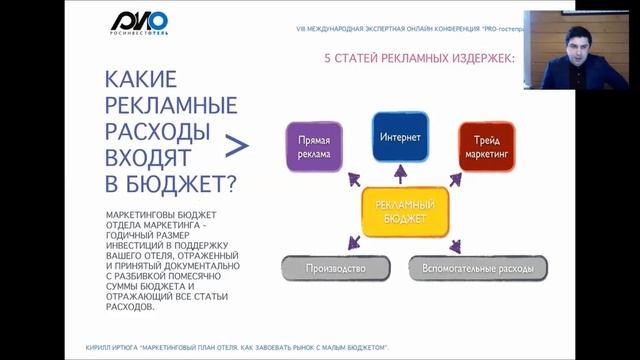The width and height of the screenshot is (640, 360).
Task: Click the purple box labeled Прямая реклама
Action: tap(314, 146)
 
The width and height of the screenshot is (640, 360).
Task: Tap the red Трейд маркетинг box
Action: tap(487, 146)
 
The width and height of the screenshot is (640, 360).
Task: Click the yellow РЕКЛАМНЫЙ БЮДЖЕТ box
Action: tap(405, 210)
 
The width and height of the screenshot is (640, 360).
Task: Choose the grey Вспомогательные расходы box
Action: tap(478, 268)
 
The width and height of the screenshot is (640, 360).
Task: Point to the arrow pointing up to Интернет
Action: tap(401, 174)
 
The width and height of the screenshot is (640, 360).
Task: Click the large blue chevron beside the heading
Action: tap(236, 147)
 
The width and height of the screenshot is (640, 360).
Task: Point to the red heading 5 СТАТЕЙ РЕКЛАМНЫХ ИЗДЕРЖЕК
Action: tap(420, 58)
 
